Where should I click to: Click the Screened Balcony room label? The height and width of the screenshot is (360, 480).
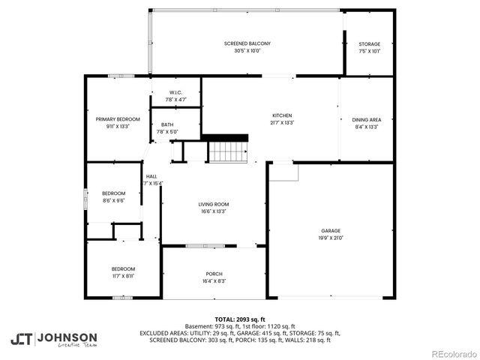pos(247,43)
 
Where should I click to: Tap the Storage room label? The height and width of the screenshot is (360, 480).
pos(369,43)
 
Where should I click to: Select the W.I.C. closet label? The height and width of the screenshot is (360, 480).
pos(176,92)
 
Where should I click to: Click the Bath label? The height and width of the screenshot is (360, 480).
pos(166,124)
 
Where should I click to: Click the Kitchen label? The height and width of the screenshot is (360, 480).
pos(282,115)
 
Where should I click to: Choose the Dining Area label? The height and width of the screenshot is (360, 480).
pos(367,119)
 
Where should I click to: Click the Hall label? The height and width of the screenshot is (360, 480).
pos(151,175)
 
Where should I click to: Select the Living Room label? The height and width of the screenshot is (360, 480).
pos(214,204)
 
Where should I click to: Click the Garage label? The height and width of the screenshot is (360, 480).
pos(331,230)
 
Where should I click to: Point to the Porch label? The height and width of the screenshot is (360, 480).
pos(214,274)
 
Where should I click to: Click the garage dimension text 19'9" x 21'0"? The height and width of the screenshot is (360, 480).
pos(331,238)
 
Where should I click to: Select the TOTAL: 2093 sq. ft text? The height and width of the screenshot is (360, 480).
pos(239,319)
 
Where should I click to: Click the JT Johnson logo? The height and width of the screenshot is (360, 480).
pos(53,338)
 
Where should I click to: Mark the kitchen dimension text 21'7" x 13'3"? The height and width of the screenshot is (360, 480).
pos(282,123)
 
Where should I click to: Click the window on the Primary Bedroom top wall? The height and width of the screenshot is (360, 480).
pos(121,76)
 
